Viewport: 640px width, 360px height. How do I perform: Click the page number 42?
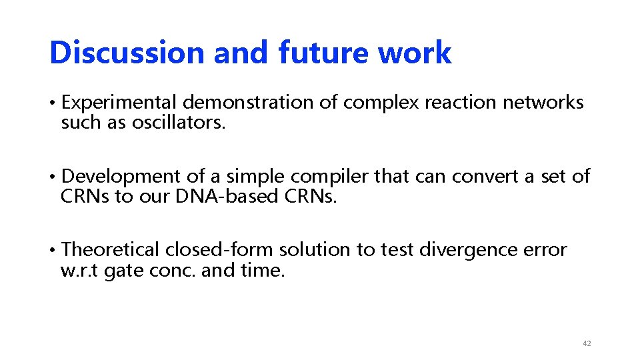(x=587, y=343)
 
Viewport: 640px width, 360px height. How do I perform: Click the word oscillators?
(x=179, y=123)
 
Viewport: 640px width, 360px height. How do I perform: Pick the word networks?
(x=543, y=103)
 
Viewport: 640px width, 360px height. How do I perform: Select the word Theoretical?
(x=111, y=249)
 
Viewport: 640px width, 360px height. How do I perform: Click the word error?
(x=546, y=249)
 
